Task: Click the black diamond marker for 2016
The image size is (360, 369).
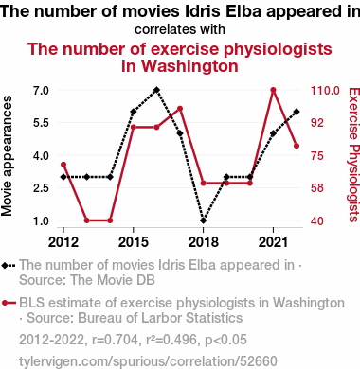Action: (x=156, y=90)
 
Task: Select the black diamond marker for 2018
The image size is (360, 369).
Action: (x=204, y=220)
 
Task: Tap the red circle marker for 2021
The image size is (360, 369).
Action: (x=274, y=90)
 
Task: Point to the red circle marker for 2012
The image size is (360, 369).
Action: (x=63, y=165)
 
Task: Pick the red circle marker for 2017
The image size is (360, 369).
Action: (x=180, y=109)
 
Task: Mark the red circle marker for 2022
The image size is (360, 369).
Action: (x=297, y=146)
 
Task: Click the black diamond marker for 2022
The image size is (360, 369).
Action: (x=297, y=112)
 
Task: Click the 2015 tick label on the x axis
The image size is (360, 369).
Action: (x=134, y=242)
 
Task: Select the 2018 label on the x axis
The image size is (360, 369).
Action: (x=204, y=242)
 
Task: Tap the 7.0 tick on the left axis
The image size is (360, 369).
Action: (x=41, y=91)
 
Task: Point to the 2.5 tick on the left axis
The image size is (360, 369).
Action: (x=41, y=188)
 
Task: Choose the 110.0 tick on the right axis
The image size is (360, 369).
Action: (x=325, y=91)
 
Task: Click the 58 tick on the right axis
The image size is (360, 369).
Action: (x=317, y=188)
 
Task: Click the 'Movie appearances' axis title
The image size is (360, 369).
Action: (x=7, y=156)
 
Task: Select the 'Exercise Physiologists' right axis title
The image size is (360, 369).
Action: (x=353, y=155)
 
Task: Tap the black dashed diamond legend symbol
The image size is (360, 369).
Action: (x=9, y=265)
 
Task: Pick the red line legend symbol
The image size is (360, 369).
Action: (x=9, y=303)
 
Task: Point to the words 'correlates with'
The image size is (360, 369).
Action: (x=180, y=29)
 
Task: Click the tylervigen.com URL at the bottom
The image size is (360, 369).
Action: (x=148, y=361)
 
